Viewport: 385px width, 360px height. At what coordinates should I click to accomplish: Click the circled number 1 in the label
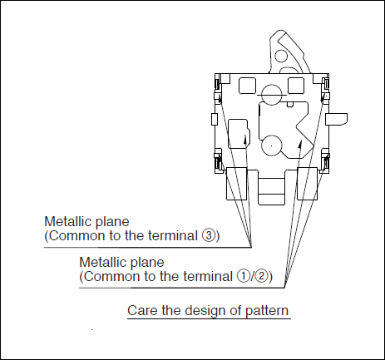pos(243,276)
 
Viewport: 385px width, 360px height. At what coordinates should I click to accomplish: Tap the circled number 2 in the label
pos(260,276)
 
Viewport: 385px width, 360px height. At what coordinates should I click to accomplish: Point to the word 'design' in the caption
pos(206,311)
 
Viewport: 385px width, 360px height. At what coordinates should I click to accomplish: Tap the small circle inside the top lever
pos(281,56)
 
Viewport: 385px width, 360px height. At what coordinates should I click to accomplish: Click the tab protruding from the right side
pos(336,119)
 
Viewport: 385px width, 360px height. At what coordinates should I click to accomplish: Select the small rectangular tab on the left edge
pos(215,119)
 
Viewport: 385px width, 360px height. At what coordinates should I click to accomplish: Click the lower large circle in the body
pos(272,145)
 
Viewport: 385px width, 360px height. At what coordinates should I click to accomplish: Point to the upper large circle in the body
pos(272,95)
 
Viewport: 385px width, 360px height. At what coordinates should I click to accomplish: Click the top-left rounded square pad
pos(247,86)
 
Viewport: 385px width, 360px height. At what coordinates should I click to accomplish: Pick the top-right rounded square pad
pos(296,86)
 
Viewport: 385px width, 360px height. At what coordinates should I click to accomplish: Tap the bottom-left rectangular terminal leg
pos(237,184)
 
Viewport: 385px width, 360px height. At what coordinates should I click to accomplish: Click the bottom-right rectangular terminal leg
pos(307,184)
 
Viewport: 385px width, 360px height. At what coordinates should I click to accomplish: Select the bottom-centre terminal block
pos(271,188)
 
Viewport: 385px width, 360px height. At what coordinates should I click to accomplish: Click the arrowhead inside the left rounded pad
pos(245,139)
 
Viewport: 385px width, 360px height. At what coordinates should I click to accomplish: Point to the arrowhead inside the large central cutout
pos(299,144)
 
